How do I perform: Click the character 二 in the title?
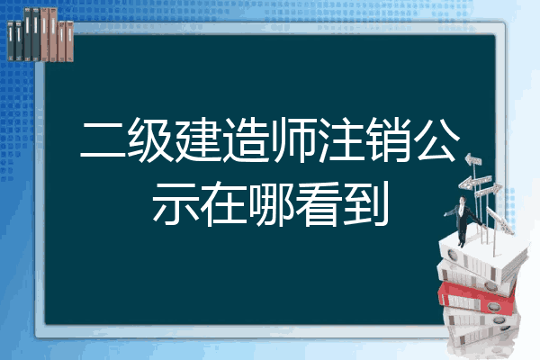pyautogui.click(x=103, y=140)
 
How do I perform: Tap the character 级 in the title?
pyautogui.click(x=150, y=139)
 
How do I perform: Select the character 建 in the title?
pyautogui.click(x=198, y=139)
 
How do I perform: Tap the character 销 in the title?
pyautogui.click(x=389, y=139)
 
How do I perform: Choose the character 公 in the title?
pyautogui.click(x=436, y=139)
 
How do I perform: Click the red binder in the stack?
pyautogui.click(x=477, y=297)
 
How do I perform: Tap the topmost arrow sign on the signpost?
pyautogui.click(x=473, y=160)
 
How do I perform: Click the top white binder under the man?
pyautogui.click(x=482, y=256)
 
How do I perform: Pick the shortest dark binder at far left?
pyautogui.click(x=11, y=40)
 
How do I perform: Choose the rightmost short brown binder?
pyautogui.click(x=69, y=41)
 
